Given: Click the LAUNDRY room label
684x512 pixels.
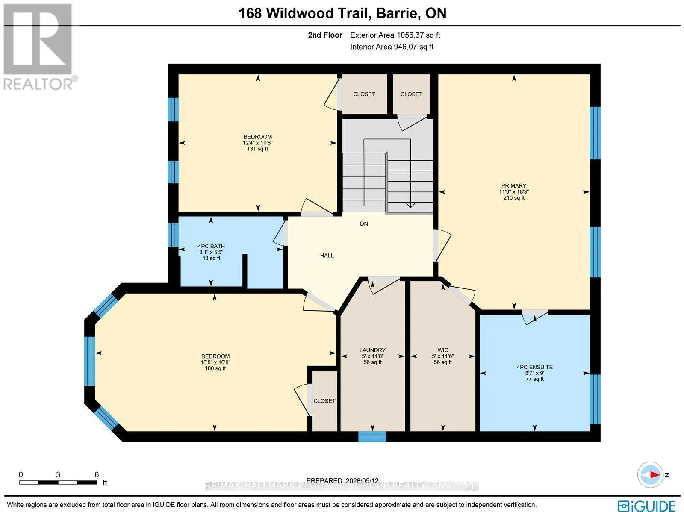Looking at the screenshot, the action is [372, 350].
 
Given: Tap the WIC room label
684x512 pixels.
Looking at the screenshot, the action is [443, 350].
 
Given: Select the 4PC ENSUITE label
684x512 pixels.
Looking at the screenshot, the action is [535, 367].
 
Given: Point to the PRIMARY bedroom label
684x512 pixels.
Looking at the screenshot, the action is [514, 185].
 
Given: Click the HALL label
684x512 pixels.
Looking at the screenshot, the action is [327, 256].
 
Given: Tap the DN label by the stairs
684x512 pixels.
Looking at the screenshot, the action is [364, 224].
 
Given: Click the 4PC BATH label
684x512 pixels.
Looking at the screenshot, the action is [211, 246].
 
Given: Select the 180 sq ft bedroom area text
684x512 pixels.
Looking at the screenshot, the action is [215, 368].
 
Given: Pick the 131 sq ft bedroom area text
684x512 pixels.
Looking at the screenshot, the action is [258, 149].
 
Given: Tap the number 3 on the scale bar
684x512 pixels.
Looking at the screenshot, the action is [58, 475].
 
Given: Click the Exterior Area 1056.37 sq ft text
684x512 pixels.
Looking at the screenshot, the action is [395, 35].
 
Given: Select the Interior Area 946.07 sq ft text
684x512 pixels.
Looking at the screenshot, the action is [392, 47].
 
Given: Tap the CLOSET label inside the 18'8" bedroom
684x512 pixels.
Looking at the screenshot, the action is [324, 401].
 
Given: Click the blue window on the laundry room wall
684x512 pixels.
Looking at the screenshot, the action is [372, 436].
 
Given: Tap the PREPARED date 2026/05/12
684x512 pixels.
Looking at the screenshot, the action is [362, 480].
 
